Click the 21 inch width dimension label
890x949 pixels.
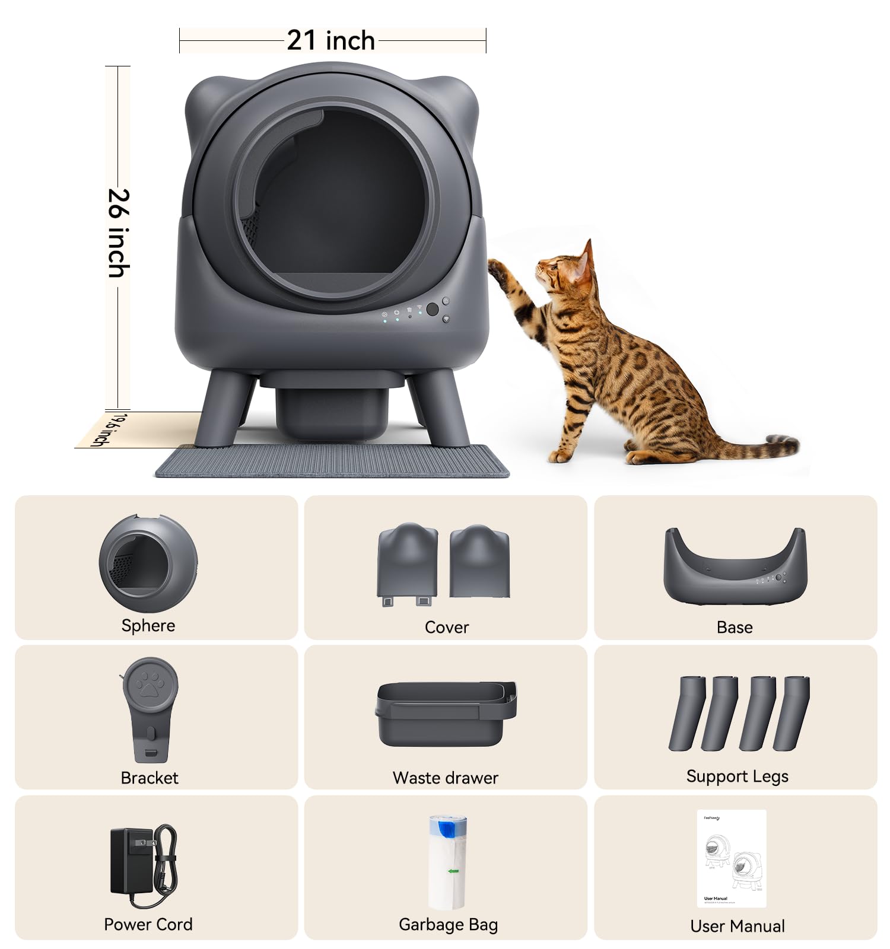pyautogui.click(x=331, y=41)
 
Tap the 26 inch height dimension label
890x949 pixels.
pyautogui.click(x=118, y=233)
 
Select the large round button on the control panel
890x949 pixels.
pyautogui.click(x=432, y=309)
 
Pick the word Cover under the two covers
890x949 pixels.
pyautogui.click(x=446, y=628)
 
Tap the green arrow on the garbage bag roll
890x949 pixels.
pyautogui.click(x=453, y=871)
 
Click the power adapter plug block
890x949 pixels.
pyautogui.click(x=132, y=860)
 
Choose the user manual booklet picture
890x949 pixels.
pyautogui.click(x=731, y=858)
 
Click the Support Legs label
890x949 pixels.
pyautogui.click(x=737, y=776)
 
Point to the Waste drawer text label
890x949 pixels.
pyautogui.click(x=445, y=778)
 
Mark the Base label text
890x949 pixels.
pyautogui.click(x=735, y=628)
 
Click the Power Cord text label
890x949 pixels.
pyautogui.click(x=148, y=924)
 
